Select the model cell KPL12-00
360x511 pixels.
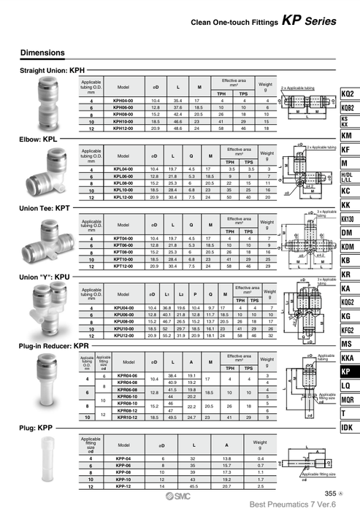(x=123, y=197)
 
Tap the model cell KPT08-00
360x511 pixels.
(x=123, y=252)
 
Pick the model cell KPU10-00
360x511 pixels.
(x=123, y=328)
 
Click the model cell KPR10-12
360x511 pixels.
(x=127, y=416)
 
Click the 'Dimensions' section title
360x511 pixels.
(x=43, y=53)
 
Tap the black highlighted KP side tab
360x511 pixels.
(x=348, y=371)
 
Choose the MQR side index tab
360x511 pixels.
(x=348, y=399)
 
